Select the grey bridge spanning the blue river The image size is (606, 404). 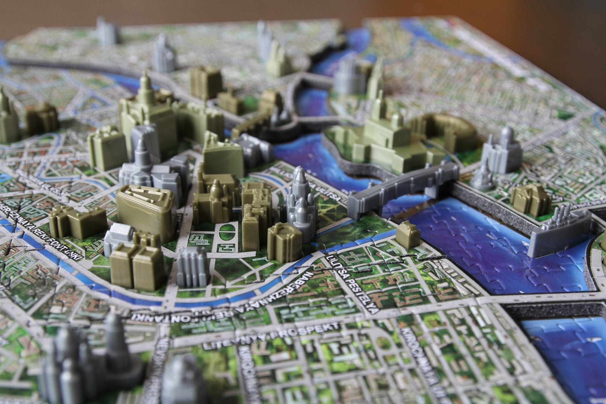402,189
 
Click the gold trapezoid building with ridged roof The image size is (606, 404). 145,207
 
